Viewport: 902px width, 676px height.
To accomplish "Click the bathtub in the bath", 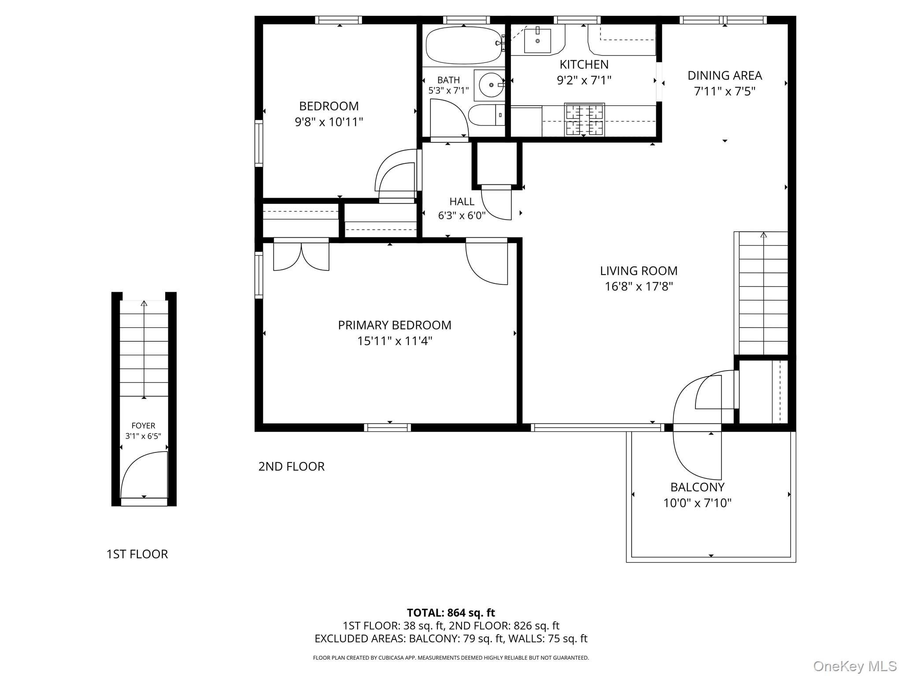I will pos(464,45).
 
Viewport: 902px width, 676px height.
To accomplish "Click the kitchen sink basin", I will pos(537,40).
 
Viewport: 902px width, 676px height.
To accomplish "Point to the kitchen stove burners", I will pos(584,120).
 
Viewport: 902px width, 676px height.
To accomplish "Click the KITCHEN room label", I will pos(584,65).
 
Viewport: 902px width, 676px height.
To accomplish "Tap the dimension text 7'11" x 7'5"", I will pos(725,92).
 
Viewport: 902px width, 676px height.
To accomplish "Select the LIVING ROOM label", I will pos(639,271).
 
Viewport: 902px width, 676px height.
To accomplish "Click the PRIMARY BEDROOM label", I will pos(395,325).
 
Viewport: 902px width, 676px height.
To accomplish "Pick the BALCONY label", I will pos(697,487).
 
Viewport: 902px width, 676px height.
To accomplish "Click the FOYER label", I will pos(144,426).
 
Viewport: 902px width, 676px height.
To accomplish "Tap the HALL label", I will pos(462,202).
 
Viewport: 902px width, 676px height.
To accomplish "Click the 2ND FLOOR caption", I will pos(291,467).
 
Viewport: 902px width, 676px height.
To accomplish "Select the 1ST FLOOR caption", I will pos(137,554).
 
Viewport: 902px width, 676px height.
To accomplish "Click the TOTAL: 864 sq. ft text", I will pos(451,613).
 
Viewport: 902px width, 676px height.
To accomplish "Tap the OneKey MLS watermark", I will pos(854,666).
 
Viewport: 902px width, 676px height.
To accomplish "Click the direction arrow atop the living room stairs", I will pos(763,235).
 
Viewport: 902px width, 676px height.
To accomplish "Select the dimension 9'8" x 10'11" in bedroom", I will pos(329,122).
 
